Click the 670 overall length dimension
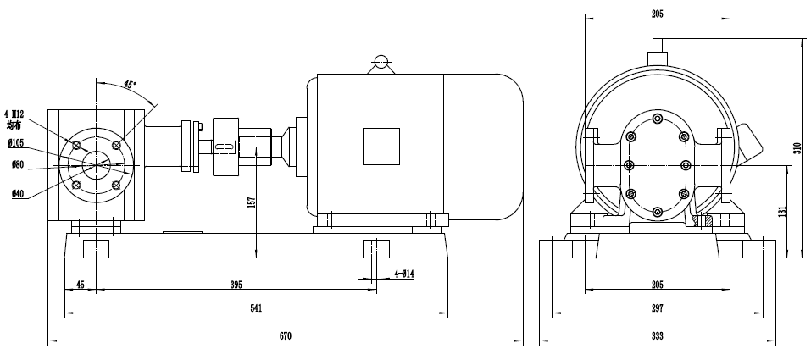pyautogui.click(x=286, y=336)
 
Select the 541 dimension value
pyautogui.click(x=255, y=309)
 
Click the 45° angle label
pyautogui.click(x=130, y=84)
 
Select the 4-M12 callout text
pyautogui.click(x=14, y=114)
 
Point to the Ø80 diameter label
pyautogui.click(x=18, y=165)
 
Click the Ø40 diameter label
pyautogui.click(x=18, y=194)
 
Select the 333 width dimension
pyautogui.click(x=658, y=336)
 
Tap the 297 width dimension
pyautogui.click(x=658, y=309)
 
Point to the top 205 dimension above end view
pyautogui.click(x=658, y=14)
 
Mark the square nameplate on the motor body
pyautogui.click(x=381, y=147)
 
